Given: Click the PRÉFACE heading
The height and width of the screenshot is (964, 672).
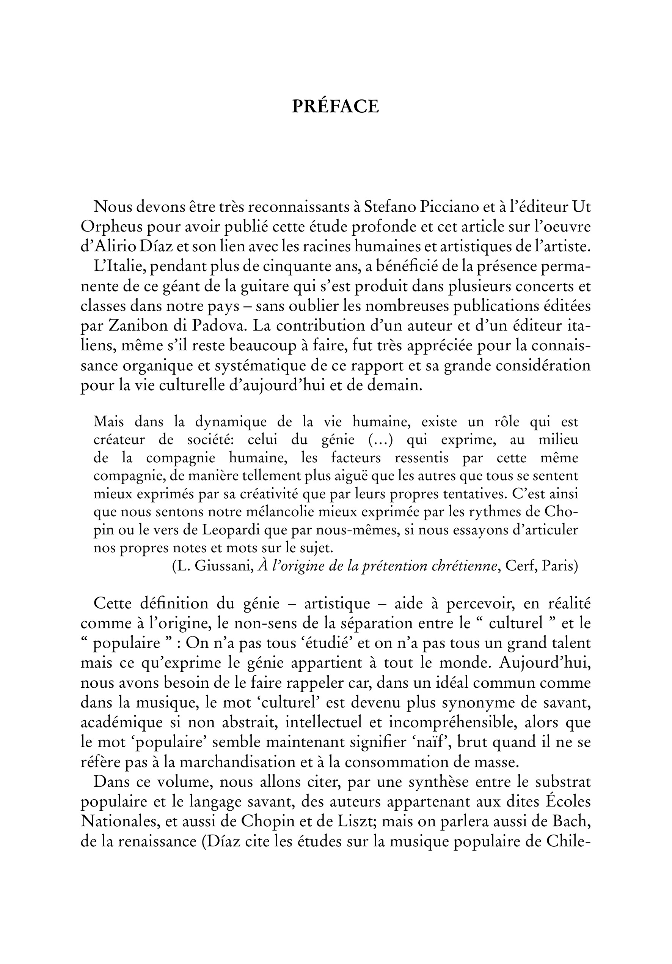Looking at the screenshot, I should (336, 107).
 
